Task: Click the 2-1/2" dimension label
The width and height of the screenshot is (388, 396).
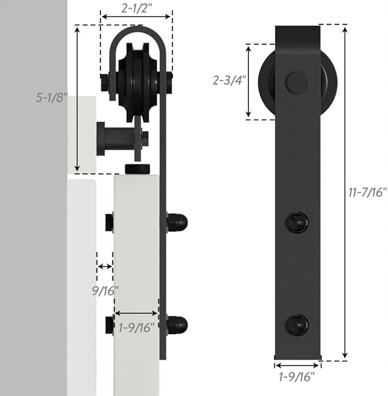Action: [137, 9]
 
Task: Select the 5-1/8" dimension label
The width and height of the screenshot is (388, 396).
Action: [51, 97]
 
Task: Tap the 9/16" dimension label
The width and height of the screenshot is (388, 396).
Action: [105, 291]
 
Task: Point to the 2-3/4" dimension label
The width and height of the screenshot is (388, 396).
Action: [229, 80]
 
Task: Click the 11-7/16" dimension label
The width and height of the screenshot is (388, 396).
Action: [367, 192]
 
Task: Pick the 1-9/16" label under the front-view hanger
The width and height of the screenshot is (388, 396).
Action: [297, 377]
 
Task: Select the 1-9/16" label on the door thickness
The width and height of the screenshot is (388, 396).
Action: [136, 327]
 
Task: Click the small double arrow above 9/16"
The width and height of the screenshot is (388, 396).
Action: [105, 267]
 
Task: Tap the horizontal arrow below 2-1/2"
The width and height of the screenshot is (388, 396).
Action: [137, 17]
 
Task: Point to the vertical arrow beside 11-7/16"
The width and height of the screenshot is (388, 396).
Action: [345, 192]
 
